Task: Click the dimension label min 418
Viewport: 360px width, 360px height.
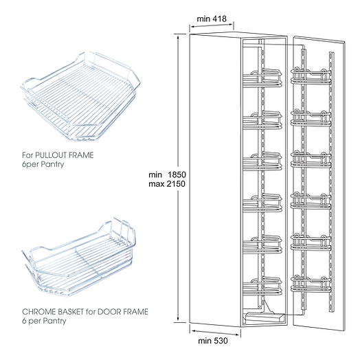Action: click(x=212, y=19)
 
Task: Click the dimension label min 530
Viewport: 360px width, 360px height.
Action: click(x=213, y=341)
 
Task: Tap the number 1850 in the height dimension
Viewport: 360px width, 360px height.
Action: click(x=177, y=175)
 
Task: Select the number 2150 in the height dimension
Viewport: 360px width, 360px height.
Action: click(x=176, y=184)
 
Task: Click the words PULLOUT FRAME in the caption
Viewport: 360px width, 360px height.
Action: click(x=65, y=155)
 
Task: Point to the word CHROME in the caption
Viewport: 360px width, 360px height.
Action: click(x=39, y=311)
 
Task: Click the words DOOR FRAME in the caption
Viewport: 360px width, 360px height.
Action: click(x=123, y=311)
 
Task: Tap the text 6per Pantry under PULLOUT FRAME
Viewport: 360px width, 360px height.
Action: click(x=43, y=164)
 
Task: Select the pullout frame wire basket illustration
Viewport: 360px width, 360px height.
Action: click(x=80, y=96)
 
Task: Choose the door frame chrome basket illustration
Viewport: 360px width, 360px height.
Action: click(x=79, y=257)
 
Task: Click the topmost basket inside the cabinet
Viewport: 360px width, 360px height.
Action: click(x=262, y=78)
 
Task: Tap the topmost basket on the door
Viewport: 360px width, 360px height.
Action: click(x=311, y=76)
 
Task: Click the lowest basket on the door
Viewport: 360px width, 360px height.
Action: click(x=311, y=285)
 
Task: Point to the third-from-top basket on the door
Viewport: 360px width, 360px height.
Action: click(x=311, y=160)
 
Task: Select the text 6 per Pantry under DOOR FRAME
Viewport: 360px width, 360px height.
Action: click(x=44, y=321)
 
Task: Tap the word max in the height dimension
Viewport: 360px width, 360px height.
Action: click(x=157, y=184)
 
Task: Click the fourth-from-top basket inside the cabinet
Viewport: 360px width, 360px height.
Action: click(x=262, y=203)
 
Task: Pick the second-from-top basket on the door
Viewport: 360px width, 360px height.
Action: click(x=311, y=118)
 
